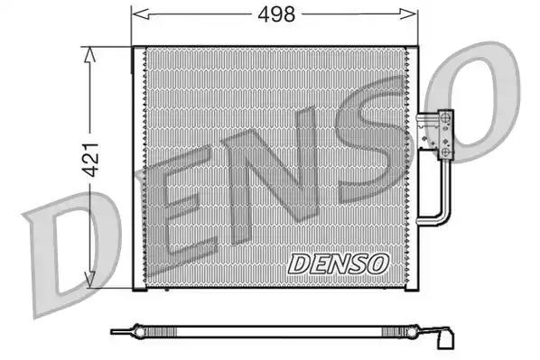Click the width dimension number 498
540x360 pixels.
click(276, 14)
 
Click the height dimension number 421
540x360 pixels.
click(92, 159)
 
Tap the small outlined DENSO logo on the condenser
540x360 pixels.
click(339, 264)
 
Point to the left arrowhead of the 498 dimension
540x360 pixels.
click(141, 14)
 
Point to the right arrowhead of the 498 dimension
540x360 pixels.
click(408, 14)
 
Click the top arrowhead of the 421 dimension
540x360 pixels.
click(89, 54)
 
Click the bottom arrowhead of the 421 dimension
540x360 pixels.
click(89, 279)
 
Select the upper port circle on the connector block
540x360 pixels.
click(446, 116)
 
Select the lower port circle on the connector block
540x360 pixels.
click(446, 152)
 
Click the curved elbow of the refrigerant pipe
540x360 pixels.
click(443, 217)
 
